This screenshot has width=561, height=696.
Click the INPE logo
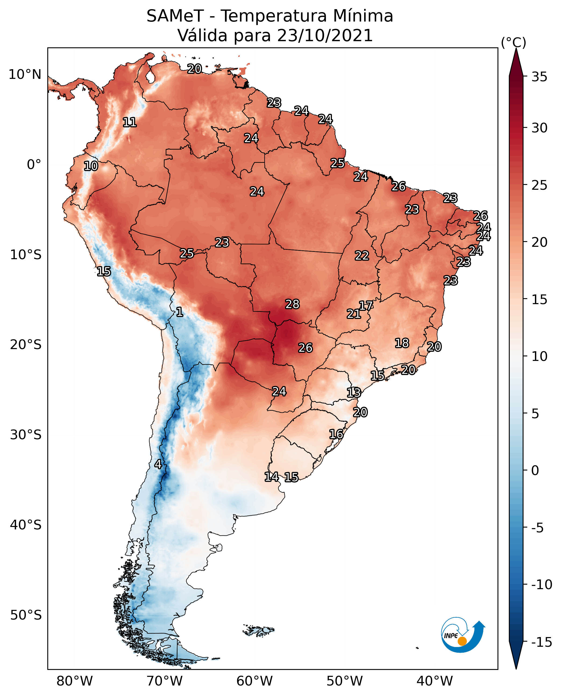(x=463, y=636)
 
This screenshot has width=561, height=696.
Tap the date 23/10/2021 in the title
(x=325, y=35)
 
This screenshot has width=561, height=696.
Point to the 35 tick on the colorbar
(x=539, y=77)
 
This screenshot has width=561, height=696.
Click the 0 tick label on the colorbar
(x=535, y=470)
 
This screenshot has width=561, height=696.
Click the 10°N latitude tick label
(x=25, y=75)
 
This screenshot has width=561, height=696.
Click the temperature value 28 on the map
(x=292, y=304)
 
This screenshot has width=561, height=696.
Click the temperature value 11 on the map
(x=130, y=122)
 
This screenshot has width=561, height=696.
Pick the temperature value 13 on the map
(x=354, y=393)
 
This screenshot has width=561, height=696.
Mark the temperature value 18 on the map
(x=402, y=343)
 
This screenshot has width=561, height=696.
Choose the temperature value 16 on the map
(x=336, y=434)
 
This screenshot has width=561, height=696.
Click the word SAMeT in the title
(x=175, y=16)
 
